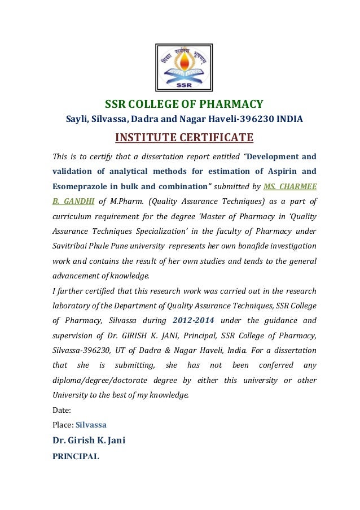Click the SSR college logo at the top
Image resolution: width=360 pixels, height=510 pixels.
coord(184,68)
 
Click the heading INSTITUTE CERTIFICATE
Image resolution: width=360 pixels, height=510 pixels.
coord(184,138)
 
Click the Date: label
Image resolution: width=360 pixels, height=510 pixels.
coord(62,411)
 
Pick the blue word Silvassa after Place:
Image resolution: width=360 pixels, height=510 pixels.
coord(91,424)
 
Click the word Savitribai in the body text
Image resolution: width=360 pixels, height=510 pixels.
coord(72,246)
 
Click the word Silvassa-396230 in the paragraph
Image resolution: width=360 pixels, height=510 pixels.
coord(81,350)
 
